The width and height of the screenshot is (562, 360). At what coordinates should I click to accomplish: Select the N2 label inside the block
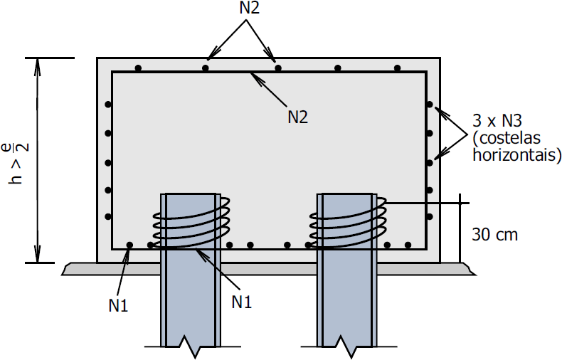tap(297, 117)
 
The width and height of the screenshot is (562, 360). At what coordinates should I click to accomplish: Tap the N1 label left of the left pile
tap(119, 306)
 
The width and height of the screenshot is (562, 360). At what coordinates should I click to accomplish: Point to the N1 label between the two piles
tap(242, 300)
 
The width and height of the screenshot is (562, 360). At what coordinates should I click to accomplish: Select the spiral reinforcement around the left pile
tap(191, 222)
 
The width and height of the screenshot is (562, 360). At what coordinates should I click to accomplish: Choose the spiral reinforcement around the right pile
tap(347, 222)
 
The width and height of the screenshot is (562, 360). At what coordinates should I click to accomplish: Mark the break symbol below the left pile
tap(189, 345)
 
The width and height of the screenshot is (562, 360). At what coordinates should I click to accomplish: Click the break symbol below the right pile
tap(346, 345)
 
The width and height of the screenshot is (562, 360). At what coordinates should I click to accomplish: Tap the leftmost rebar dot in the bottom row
tap(129, 245)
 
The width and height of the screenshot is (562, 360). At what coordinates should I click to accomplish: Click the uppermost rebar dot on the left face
tap(108, 105)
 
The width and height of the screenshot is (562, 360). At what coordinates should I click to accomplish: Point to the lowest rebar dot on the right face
tap(429, 216)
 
